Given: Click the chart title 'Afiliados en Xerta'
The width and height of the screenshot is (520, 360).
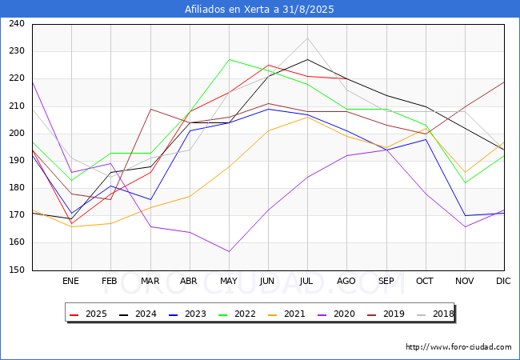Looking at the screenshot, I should click(259, 10).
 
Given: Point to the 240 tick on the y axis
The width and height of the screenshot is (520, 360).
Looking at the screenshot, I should click(16, 24).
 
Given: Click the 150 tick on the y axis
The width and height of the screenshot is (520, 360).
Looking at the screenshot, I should click(16, 270).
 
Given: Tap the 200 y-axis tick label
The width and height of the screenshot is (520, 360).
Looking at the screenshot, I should click(16, 134).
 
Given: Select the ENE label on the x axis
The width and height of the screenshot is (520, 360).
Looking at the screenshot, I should click(71, 282).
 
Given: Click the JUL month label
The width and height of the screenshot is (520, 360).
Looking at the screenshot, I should click(307, 282).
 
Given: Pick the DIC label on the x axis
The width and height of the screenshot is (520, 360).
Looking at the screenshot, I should click(503, 282).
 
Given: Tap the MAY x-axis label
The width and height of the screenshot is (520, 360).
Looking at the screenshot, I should click(229, 282).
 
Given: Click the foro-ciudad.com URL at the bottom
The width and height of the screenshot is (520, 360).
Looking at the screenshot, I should click(458, 347).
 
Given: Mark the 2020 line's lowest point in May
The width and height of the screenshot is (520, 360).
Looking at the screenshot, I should click(229, 252).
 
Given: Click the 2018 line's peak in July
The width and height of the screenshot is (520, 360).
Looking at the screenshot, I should click(307, 38).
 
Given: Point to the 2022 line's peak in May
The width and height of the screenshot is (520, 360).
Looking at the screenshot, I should click(229, 59).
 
